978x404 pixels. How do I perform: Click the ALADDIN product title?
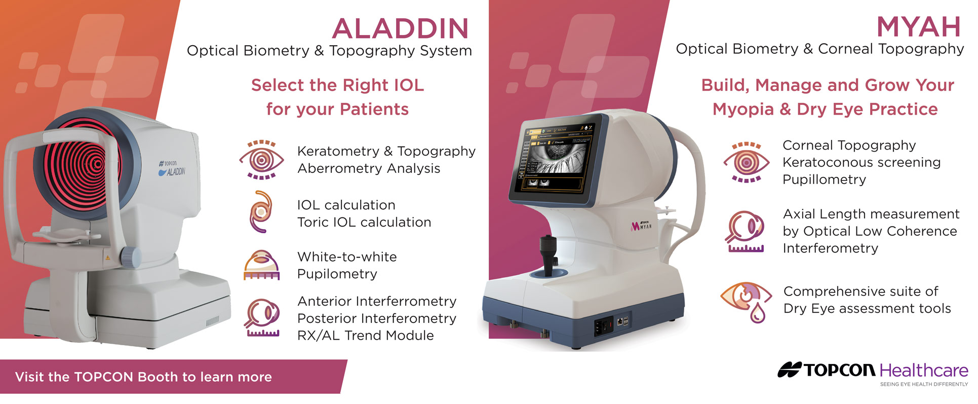(x=401, y=28)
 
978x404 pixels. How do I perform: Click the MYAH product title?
(x=919, y=27)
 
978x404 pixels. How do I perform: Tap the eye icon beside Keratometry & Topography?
(x=261, y=160)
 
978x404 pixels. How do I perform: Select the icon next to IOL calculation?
(x=261, y=211)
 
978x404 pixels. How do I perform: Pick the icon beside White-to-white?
(x=261, y=265)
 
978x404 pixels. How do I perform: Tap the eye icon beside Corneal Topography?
(x=747, y=162)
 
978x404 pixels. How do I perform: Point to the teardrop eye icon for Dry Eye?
(x=746, y=302)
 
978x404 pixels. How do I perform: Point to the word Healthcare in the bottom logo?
(x=924, y=371)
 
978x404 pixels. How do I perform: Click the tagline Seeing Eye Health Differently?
(x=924, y=384)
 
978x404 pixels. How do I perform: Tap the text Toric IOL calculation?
(x=364, y=222)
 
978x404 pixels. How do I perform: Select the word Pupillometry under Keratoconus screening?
(x=824, y=180)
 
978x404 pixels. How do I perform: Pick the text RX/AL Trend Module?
(x=365, y=336)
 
